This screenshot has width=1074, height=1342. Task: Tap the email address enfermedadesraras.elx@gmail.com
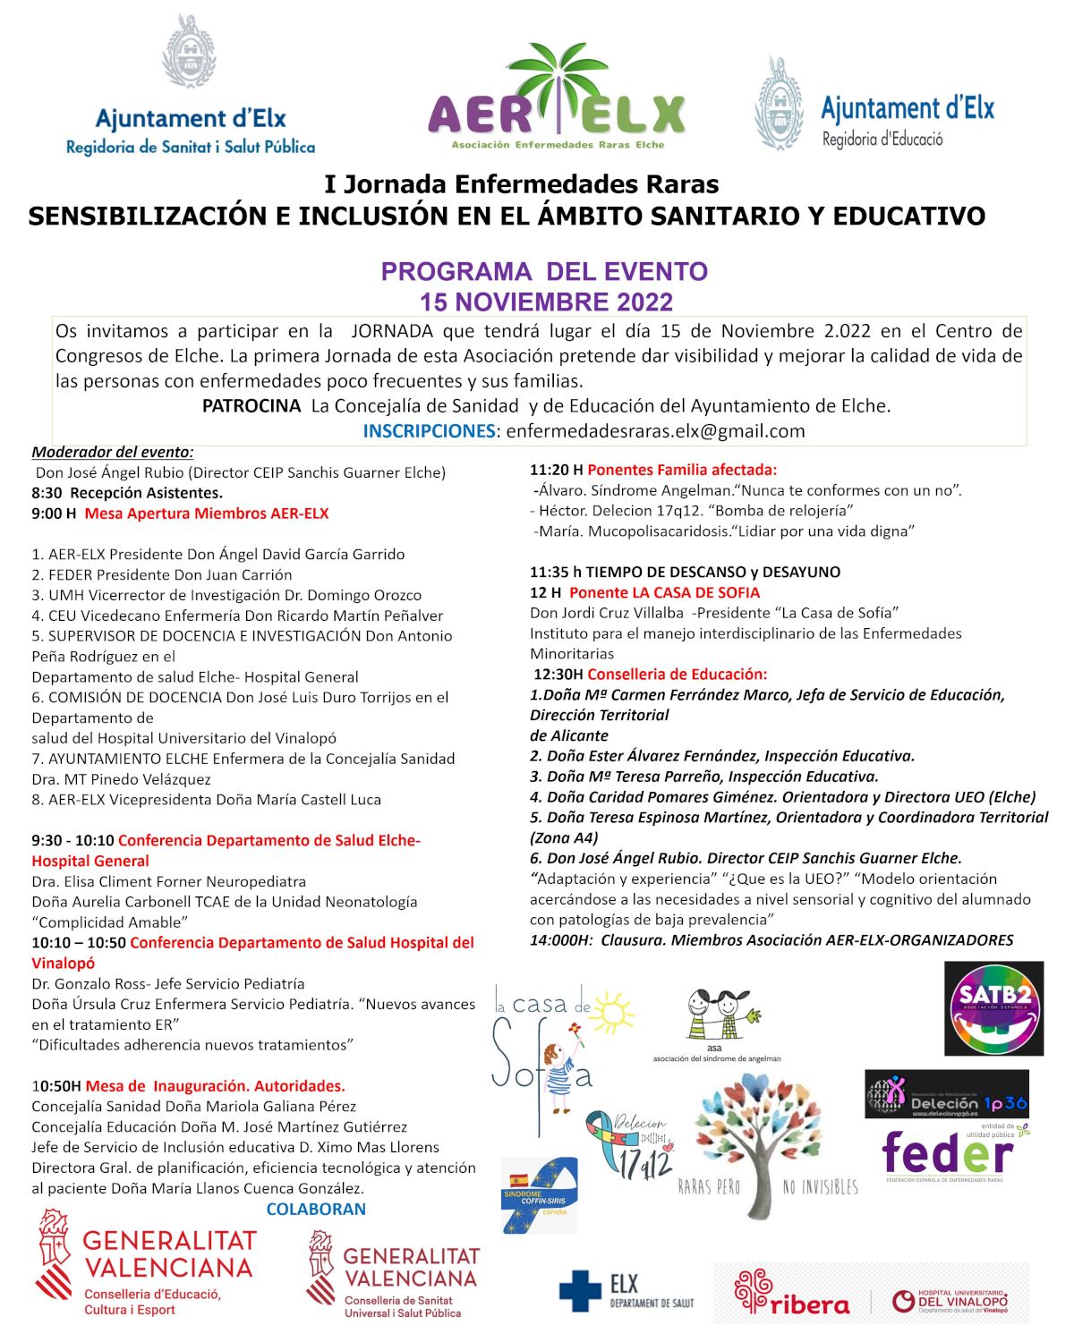655,431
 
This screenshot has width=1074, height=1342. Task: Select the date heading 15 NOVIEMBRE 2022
546,302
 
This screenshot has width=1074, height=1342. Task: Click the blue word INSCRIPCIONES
429,431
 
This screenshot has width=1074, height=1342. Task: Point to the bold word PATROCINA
251,406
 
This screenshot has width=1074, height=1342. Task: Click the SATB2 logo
994,1008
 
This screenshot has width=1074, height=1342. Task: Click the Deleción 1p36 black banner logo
947,1094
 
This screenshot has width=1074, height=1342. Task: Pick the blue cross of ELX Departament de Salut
580,1291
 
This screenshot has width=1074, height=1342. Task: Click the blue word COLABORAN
316,1210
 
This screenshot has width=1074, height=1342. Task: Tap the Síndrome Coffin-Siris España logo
540,1194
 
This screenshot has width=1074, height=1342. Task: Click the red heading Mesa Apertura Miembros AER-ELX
207,514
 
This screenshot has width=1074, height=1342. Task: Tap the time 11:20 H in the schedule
556,470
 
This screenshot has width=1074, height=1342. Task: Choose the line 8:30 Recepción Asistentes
127,493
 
